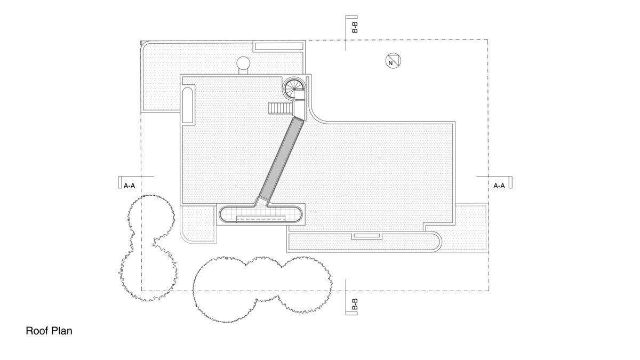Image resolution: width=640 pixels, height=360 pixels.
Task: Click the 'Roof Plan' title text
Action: click(x=49, y=331)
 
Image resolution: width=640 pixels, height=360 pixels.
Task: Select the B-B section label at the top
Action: click(x=355, y=28)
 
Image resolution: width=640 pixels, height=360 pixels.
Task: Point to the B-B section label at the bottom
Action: click(x=355, y=305)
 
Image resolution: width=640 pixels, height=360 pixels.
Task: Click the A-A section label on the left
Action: click(x=129, y=186)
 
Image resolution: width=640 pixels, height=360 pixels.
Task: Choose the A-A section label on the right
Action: click(x=499, y=186)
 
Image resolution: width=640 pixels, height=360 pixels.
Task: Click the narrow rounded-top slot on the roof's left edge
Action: click(x=188, y=105)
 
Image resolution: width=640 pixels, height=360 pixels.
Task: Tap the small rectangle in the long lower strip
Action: click(x=365, y=235)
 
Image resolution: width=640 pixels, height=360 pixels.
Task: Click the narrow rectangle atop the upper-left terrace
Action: click(x=277, y=46)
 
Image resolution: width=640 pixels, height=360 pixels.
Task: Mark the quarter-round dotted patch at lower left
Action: click(x=196, y=224)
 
